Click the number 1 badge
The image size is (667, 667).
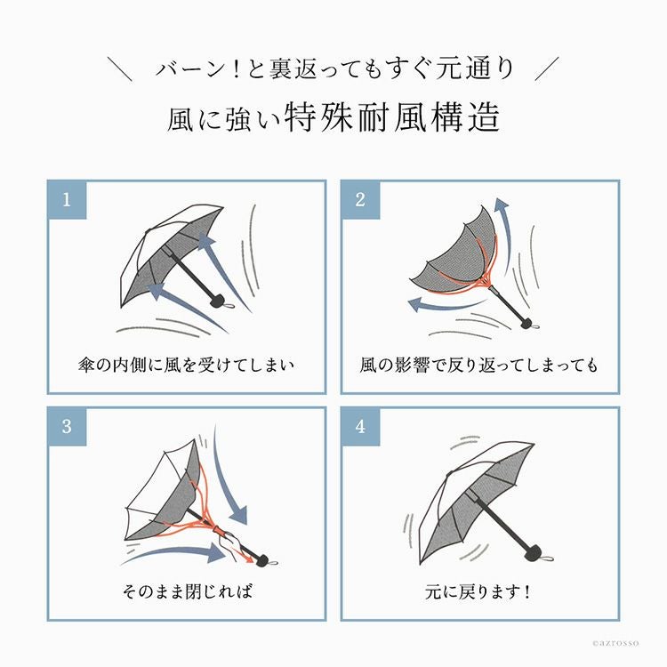[67, 199]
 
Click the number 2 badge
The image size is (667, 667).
[360, 199]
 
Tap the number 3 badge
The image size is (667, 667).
[67, 426]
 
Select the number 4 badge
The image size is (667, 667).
[360, 426]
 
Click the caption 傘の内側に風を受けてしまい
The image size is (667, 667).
[187, 365]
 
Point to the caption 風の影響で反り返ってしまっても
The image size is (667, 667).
[479, 365]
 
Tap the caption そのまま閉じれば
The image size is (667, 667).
[187, 591]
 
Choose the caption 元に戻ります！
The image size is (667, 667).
[478, 591]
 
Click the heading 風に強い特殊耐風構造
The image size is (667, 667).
[333, 117]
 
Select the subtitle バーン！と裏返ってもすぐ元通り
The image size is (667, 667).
[334, 68]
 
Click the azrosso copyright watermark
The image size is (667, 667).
[615, 643]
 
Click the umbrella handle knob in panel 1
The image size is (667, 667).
[218, 300]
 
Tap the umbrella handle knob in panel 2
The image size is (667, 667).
[528, 323]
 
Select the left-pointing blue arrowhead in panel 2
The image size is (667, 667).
[414, 304]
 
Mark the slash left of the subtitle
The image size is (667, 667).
[119, 68]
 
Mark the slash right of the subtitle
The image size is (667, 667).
[547, 68]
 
